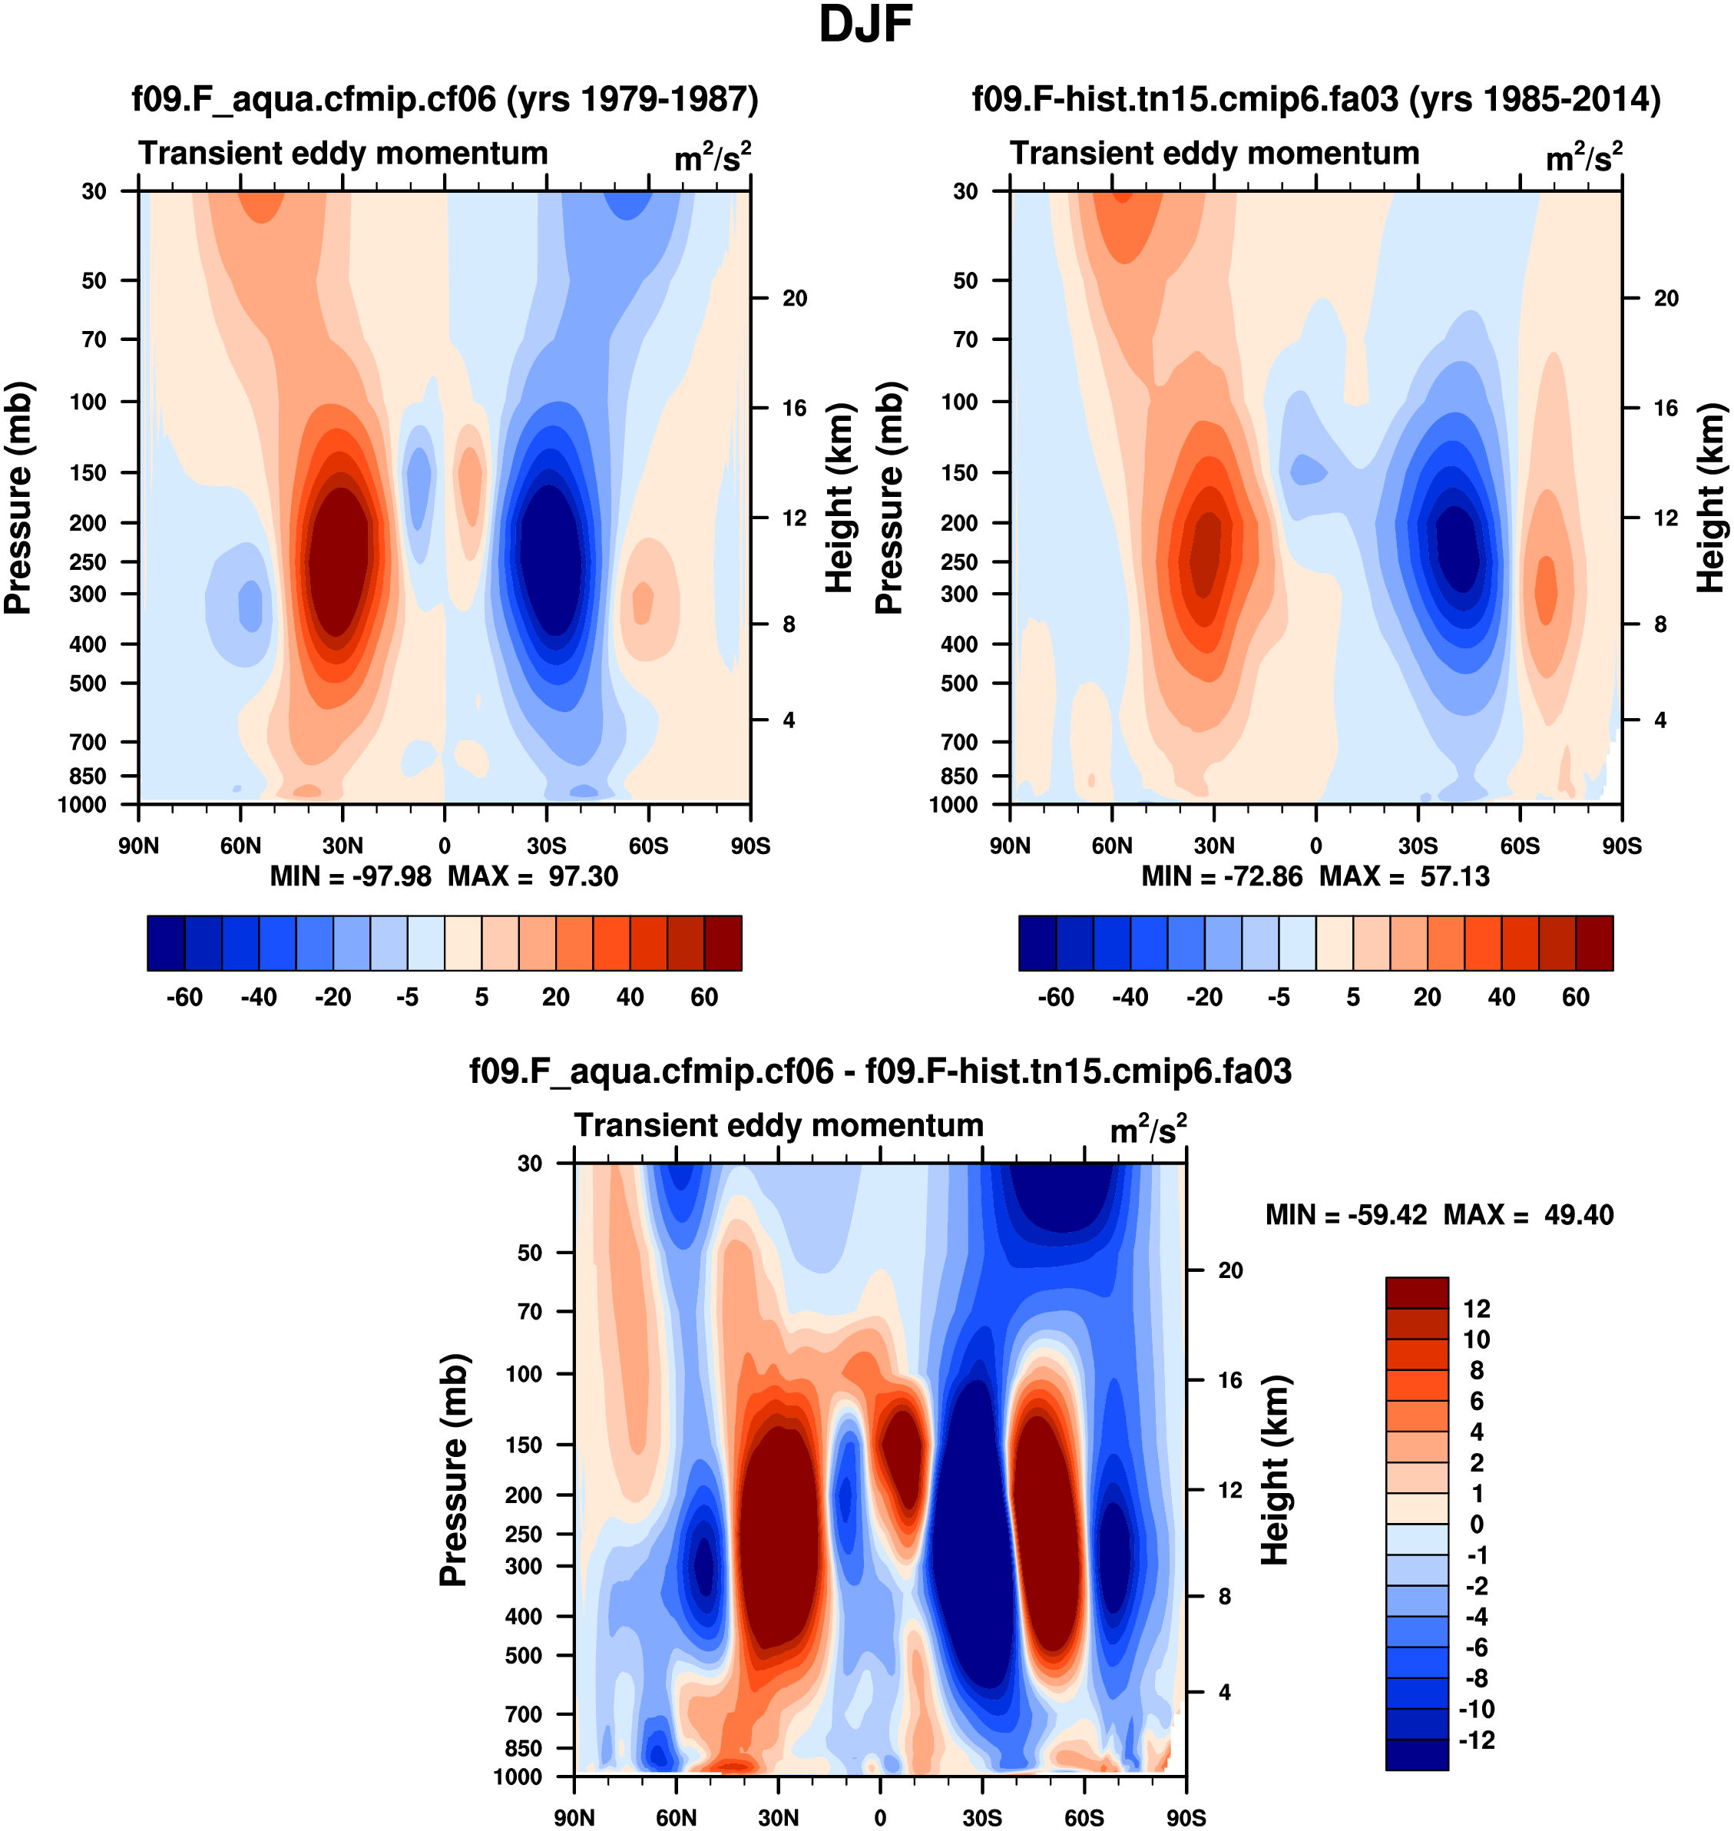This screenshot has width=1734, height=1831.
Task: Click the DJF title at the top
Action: point(865,25)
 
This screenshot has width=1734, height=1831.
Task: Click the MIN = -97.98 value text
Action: point(350,876)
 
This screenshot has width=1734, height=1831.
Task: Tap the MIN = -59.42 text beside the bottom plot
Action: point(1345,1214)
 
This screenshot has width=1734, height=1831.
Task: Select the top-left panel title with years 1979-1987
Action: point(445,98)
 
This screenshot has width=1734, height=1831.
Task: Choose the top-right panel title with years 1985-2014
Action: point(1316,98)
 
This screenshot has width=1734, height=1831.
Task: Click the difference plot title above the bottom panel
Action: point(880,1071)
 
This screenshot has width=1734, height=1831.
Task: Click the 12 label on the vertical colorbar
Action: point(1476,1309)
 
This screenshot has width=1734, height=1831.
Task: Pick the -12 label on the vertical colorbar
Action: point(1476,1740)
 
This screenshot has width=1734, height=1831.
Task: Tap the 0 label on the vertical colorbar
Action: point(1476,1524)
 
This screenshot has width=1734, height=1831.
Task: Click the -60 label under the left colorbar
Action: point(184,998)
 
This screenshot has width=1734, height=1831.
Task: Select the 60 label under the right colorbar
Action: point(1575,998)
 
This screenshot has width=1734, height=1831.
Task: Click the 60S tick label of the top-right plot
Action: point(1520,846)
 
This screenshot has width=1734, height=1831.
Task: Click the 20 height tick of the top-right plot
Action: point(1666,299)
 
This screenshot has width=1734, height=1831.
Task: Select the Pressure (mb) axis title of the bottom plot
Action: point(454,1469)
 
